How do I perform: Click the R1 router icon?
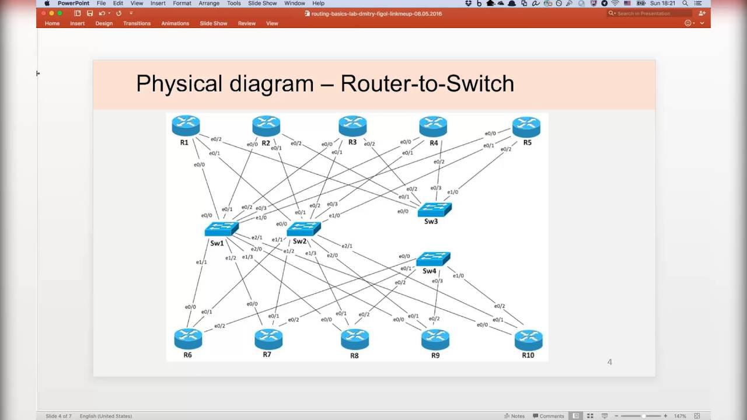(x=186, y=125)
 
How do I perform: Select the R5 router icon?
(x=526, y=127)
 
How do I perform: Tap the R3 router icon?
(x=352, y=125)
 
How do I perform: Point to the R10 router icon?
(x=528, y=339)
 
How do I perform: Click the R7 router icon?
(x=268, y=338)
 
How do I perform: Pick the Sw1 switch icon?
(x=221, y=229)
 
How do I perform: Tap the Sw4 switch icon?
(x=433, y=258)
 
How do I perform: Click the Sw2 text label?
(x=299, y=242)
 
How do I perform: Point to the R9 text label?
(x=435, y=355)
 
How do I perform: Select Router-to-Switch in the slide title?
(x=427, y=83)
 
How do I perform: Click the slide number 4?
(x=610, y=362)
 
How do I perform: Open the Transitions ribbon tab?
(x=137, y=23)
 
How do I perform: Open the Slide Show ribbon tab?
(x=214, y=23)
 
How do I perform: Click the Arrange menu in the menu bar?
(x=209, y=3)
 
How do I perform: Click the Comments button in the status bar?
(x=548, y=416)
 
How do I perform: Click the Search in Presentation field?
(x=652, y=13)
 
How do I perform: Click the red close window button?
(x=44, y=13)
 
